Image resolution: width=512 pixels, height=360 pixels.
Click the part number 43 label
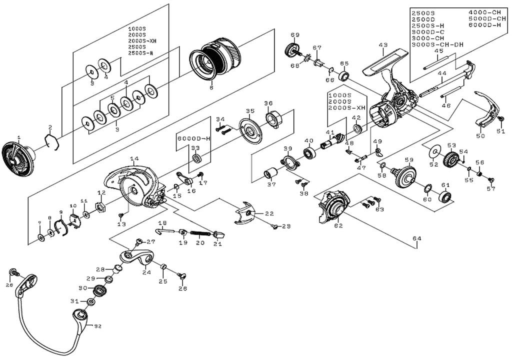(x=383, y=45)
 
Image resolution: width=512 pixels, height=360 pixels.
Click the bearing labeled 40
(x=309, y=151)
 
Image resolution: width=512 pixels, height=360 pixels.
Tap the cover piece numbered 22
(x=247, y=214)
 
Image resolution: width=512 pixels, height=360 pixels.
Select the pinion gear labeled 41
(x=331, y=141)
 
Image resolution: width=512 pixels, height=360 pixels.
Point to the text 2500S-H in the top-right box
(x=426, y=25)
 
